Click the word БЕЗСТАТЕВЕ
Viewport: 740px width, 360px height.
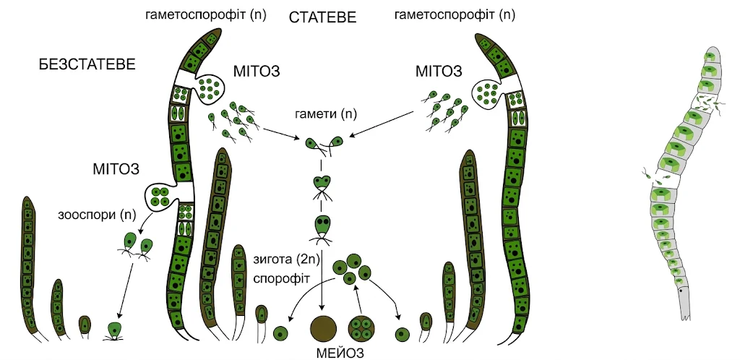click(87, 64)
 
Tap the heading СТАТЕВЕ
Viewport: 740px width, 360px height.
click(322, 18)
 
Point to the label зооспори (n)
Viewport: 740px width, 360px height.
click(97, 215)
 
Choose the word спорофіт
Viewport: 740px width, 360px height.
click(281, 279)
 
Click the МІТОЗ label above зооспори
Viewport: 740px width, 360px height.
click(116, 169)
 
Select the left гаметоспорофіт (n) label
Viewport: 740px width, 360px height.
click(206, 15)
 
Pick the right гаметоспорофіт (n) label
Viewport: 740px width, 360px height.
click(455, 15)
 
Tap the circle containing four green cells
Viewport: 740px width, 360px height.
click(361, 328)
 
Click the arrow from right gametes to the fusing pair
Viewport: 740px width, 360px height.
click(382, 124)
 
